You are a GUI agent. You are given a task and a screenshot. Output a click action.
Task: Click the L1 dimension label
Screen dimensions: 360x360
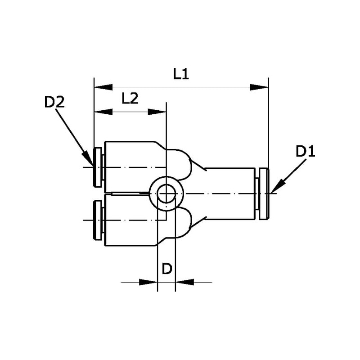(x=181, y=74)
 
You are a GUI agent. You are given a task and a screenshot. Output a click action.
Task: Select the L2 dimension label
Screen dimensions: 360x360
(x=130, y=99)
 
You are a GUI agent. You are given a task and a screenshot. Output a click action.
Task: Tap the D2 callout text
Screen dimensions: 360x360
(x=54, y=102)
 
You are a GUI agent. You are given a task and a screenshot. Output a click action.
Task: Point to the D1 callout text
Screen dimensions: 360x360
(x=306, y=152)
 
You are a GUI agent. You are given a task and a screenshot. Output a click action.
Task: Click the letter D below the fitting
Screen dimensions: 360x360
(x=167, y=269)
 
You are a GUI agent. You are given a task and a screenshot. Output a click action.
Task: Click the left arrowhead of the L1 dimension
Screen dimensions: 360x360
(x=103, y=87)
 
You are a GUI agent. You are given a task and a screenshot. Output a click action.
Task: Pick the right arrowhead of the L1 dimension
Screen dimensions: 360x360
(x=259, y=87)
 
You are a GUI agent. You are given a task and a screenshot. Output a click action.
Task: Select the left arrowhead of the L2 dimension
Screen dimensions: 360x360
(x=103, y=112)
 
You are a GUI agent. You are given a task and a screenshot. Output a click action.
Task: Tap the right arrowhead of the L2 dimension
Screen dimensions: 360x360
(x=157, y=112)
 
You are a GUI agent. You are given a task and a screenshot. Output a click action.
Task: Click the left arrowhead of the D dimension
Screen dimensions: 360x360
(x=148, y=282)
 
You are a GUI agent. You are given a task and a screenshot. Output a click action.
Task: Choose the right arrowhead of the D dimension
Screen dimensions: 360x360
(x=184, y=282)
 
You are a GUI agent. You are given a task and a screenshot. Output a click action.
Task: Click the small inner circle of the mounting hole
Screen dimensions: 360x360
(x=166, y=193)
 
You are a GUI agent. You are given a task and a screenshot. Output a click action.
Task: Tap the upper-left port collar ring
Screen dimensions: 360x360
(x=98, y=167)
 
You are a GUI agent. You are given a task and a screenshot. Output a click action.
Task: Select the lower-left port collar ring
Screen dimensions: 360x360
(x=98, y=220)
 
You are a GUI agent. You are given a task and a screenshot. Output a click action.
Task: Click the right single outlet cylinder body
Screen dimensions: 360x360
(x=230, y=194)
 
